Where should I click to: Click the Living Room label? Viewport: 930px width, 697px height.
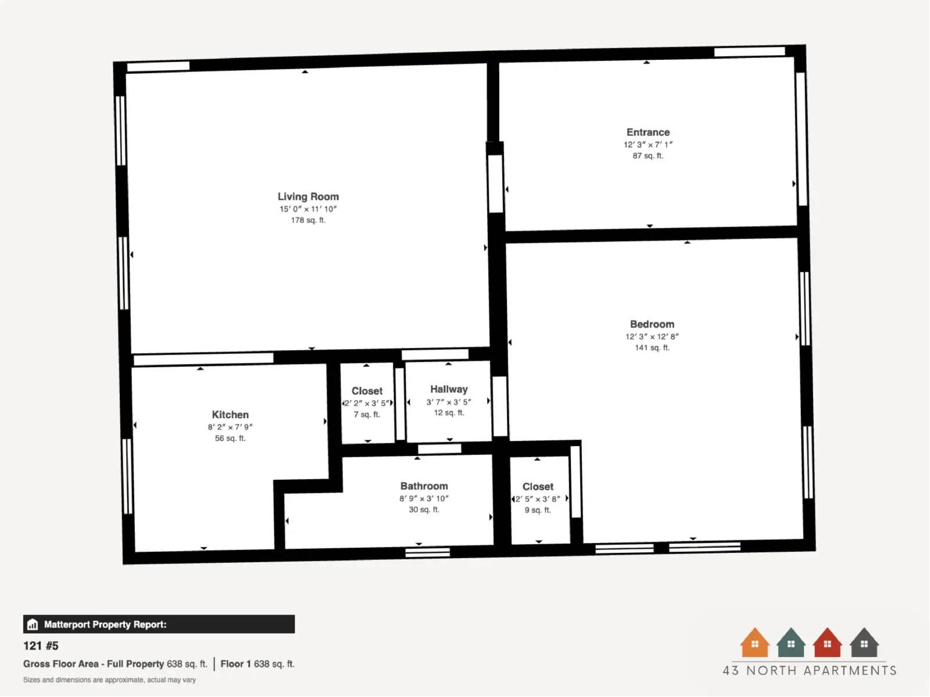[308, 197]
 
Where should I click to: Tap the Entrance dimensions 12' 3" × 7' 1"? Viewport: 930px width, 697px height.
[648, 145]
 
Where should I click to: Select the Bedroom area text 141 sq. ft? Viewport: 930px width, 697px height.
[652, 348]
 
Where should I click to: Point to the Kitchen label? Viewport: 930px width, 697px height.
[230, 415]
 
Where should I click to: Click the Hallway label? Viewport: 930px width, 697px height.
[449, 389]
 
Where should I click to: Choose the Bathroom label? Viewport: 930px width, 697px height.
[424, 486]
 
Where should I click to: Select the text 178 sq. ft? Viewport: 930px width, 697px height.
[308, 220]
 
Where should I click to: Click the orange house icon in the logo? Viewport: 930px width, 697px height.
[754, 642]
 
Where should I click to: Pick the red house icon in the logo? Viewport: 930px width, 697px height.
[827, 642]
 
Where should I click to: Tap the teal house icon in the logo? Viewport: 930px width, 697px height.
[791, 642]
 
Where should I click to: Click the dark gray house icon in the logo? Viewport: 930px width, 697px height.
[864, 642]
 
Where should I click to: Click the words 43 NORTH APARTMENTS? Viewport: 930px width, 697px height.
[810, 671]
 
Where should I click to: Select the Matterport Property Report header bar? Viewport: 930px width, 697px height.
[159, 624]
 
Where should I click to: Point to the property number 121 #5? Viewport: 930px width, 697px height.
[41, 646]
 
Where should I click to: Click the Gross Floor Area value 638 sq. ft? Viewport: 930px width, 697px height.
[187, 664]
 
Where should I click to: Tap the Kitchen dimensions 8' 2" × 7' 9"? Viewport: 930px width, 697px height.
[230, 427]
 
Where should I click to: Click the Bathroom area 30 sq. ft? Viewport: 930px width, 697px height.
[424, 509]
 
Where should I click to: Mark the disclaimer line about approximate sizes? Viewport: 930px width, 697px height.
[109, 680]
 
